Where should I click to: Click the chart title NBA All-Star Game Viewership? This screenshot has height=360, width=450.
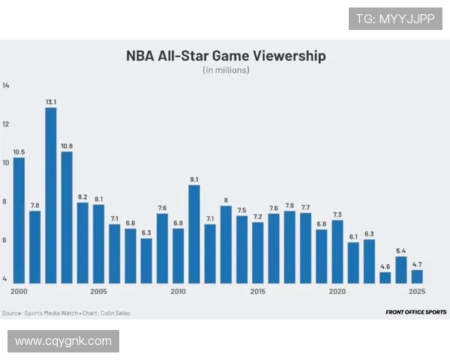225,56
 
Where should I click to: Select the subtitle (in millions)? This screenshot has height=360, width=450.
225,70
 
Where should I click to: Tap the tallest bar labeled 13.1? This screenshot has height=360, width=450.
51,196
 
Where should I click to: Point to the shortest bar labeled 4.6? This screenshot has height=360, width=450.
385,277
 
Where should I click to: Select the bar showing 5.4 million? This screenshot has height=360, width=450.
401,270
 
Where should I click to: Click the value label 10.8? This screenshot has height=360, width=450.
67,145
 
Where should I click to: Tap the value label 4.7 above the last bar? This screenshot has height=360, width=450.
417,264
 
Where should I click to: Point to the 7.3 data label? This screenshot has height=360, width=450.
337,214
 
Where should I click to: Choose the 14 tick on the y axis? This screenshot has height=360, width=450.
6,86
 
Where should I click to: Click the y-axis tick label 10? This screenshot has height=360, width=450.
6,163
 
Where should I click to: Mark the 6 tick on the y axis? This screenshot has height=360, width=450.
5,240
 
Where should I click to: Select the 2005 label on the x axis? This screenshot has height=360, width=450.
98,292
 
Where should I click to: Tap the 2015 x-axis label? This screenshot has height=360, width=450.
258,292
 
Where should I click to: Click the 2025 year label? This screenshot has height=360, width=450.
417,292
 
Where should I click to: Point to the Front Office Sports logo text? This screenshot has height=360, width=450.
415,312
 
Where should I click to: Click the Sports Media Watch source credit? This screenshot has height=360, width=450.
34,313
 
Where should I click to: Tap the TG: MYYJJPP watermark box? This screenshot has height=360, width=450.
395,19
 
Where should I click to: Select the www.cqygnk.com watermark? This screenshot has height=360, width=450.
63,341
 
